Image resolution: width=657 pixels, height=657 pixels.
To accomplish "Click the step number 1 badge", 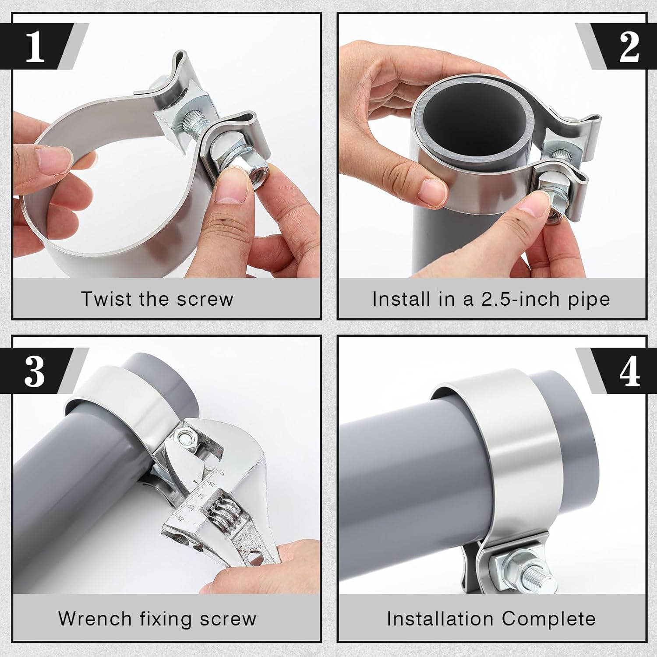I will [x=35, y=46].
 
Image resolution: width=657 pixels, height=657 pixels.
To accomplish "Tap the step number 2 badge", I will [x=629, y=46].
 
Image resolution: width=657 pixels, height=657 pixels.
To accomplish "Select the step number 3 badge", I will [x=35, y=371].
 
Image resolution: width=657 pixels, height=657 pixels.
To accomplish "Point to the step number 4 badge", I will [x=629, y=371].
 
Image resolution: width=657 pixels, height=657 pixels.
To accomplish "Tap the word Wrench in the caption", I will [x=95, y=619].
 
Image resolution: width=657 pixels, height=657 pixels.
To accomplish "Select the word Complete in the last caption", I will [x=549, y=619].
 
